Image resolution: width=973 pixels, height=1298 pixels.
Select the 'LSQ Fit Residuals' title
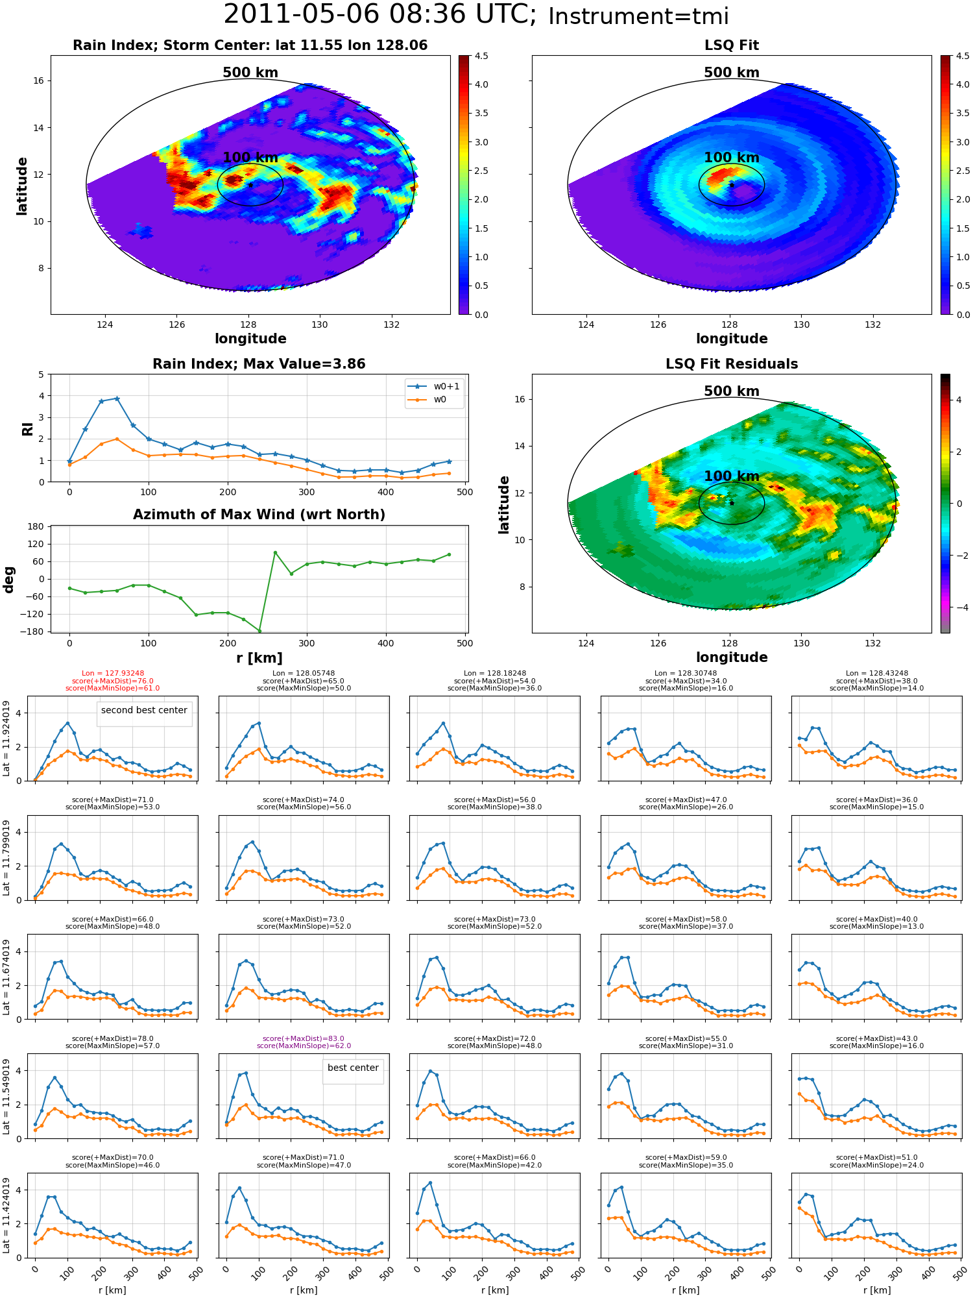coord(732,364)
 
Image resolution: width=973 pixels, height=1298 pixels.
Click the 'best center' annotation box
coord(353,1068)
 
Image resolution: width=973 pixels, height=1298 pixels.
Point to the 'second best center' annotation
coord(144,710)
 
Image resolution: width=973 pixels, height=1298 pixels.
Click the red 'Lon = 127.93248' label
coord(113,674)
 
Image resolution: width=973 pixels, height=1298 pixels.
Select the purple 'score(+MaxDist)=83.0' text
coord(304,1038)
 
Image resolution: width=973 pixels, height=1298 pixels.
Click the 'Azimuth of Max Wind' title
coord(259,515)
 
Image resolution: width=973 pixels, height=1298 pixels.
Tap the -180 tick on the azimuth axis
coord(36,631)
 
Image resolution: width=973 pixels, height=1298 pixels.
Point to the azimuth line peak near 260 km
coord(275,552)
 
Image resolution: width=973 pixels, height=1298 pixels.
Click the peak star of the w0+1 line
coord(117,398)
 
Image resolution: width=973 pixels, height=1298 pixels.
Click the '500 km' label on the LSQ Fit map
coord(732,73)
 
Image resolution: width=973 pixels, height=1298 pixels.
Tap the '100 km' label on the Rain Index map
coord(250,158)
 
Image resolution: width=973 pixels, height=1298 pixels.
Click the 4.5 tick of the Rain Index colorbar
coord(481,56)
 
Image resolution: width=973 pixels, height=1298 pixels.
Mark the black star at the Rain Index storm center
coord(250,185)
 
